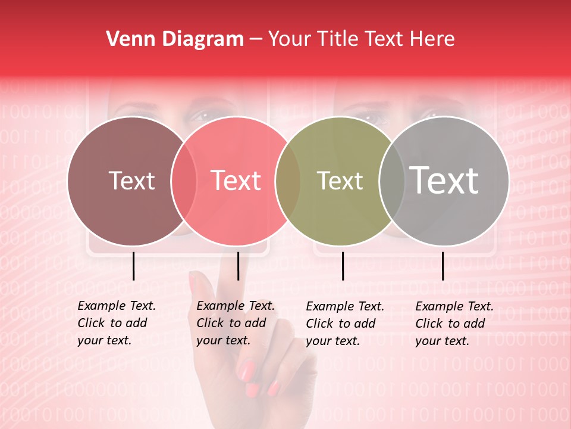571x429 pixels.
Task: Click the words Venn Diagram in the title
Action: (x=175, y=39)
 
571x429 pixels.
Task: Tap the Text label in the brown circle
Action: (x=131, y=181)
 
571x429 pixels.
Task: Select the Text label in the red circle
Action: (x=236, y=181)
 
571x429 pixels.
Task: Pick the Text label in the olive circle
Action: (x=340, y=181)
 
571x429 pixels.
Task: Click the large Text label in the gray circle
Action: (x=444, y=180)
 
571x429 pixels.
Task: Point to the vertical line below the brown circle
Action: (x=134, y=266)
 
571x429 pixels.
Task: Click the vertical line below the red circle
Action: (x=238, y=266)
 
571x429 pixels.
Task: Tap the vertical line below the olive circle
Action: (x=343, y=266)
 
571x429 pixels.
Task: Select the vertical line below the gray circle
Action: (x=443, y=266)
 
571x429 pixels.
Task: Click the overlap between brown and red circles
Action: (x=184, y=181)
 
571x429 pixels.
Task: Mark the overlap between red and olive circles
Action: (x=288, y=181)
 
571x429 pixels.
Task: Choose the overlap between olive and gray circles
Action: (x=391, y=181)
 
